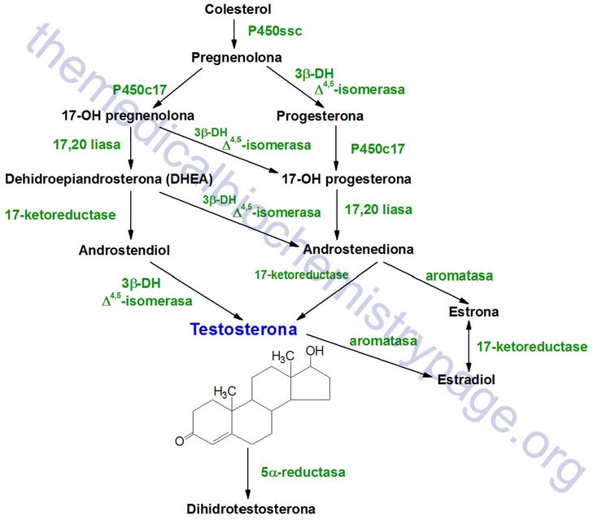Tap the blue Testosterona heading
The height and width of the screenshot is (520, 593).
pos(243,330)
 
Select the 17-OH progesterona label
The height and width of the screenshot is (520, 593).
pos(358,178)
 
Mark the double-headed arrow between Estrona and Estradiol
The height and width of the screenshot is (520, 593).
pos(467,345)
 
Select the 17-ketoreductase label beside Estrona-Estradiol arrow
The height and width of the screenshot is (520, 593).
pos(532,347)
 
